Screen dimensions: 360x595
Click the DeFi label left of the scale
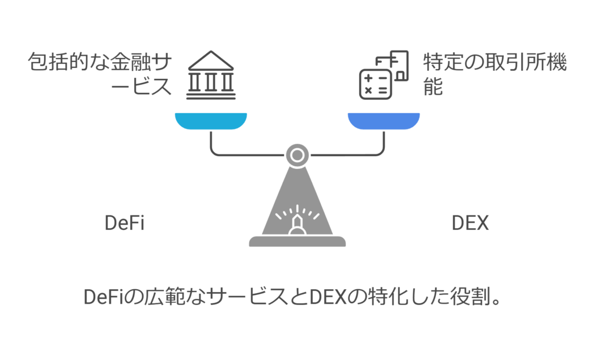124,224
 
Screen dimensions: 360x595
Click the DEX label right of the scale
470,224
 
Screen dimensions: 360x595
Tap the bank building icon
210,75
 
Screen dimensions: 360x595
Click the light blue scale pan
211,120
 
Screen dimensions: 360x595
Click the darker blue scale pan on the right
383,120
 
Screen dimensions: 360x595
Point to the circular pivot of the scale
297,155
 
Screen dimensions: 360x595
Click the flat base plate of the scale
297,241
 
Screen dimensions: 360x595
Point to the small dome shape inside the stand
297,226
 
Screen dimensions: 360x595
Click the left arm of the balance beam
244,154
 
